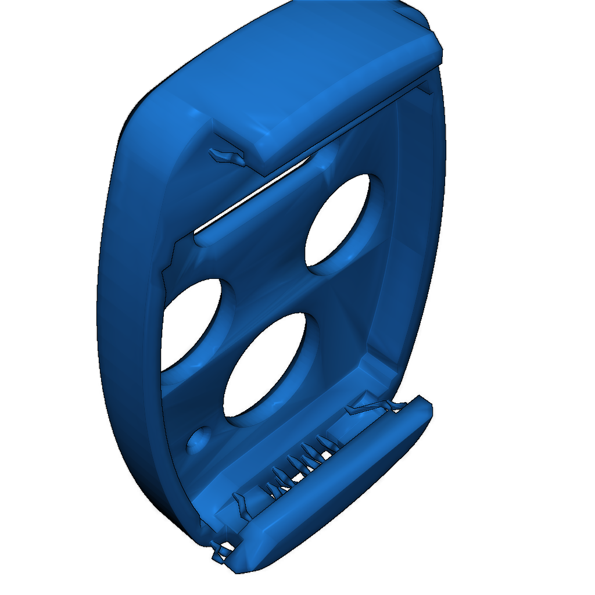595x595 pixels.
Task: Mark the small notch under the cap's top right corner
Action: pos(424,87)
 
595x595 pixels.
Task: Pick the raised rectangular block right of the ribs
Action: pos(343,427)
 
